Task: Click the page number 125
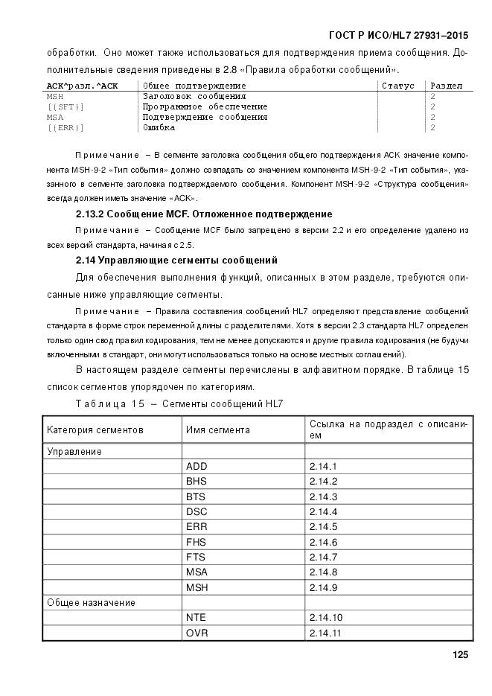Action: tap(459, 656)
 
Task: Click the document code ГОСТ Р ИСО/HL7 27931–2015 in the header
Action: tap(398, 36)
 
